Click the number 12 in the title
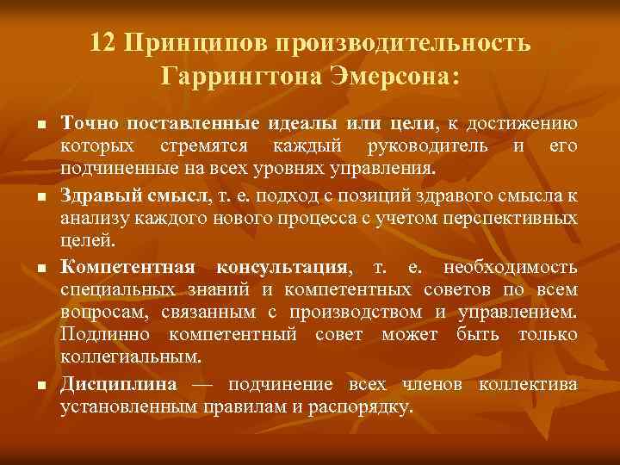104,43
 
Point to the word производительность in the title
400,43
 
